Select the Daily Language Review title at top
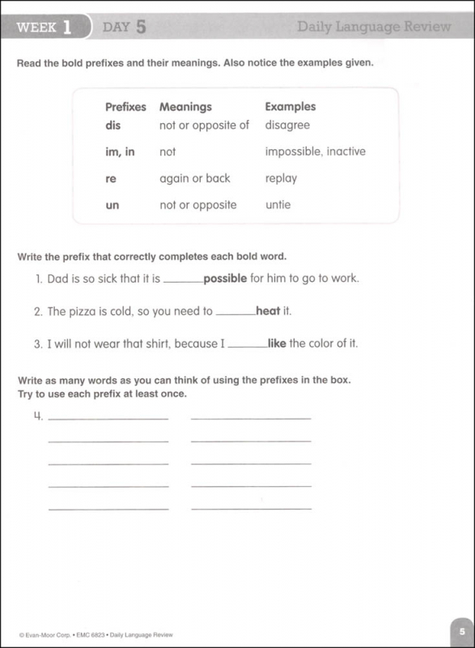[x=373, y=28]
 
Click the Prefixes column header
[x=125, y=107]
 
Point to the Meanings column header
[x=185, y=107]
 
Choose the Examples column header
[x=291, y=107]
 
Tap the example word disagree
[x=287, y=126]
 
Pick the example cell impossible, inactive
[x=315, y=151]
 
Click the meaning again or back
[x=195, y=178]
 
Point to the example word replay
[x=281, y=178]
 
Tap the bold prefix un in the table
[x=112, y=205]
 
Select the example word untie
[x=278, y=205]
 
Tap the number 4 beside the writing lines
[x=37, y=418]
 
